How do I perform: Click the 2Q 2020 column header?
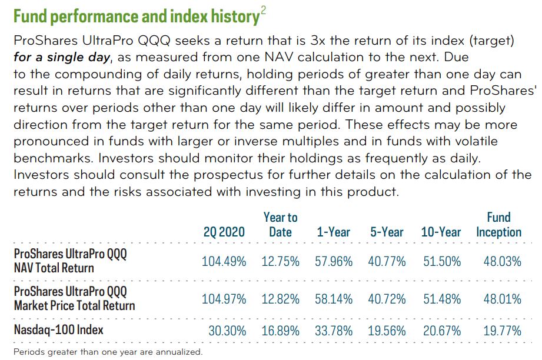(x=224, y=232)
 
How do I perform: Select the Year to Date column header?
(x=280, y=225)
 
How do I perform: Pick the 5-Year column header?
(x=387, y=232)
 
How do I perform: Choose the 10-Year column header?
(x=441, y=232)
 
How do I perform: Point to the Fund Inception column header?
(x=498, y=225)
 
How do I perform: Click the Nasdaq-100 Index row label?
(x=58, y=329)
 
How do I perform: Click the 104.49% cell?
(x=224, y=261)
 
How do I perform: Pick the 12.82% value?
(x=280, y=299)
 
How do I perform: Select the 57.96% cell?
(x=334, y=261)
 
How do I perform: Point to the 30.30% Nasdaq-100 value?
(x=227, y=330)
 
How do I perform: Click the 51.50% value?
(x=442, y=261)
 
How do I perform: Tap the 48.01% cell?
(x=502, y=299)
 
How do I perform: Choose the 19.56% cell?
(x=387, y=330)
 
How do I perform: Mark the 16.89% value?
(x=280, y=330)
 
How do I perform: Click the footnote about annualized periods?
(x=108, y=352)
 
